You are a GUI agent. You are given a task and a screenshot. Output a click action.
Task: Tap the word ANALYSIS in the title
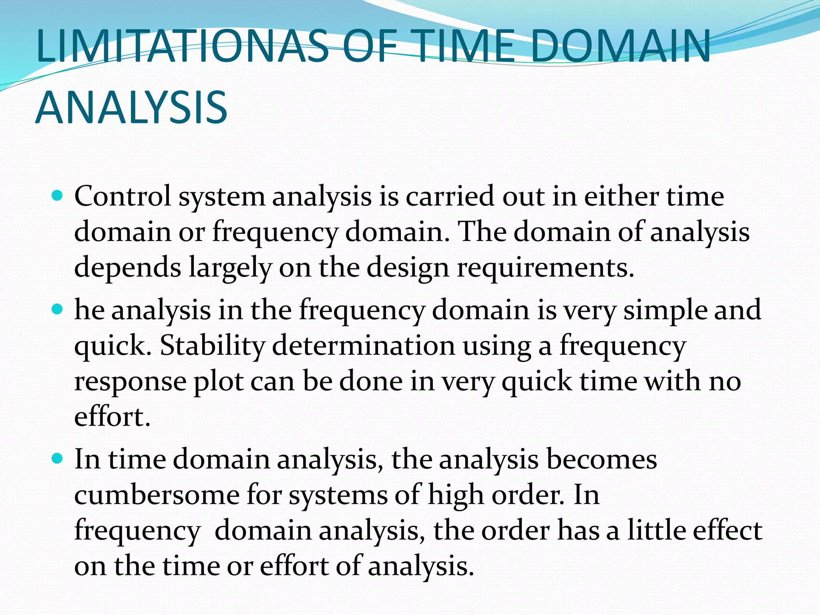131,108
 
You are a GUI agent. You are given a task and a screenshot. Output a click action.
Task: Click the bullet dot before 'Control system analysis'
58,196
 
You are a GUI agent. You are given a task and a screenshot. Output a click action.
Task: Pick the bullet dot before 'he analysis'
58,310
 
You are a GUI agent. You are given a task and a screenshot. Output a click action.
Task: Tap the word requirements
545,267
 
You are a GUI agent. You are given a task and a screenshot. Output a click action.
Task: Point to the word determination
364,345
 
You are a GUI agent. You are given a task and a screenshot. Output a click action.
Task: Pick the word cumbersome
157,495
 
